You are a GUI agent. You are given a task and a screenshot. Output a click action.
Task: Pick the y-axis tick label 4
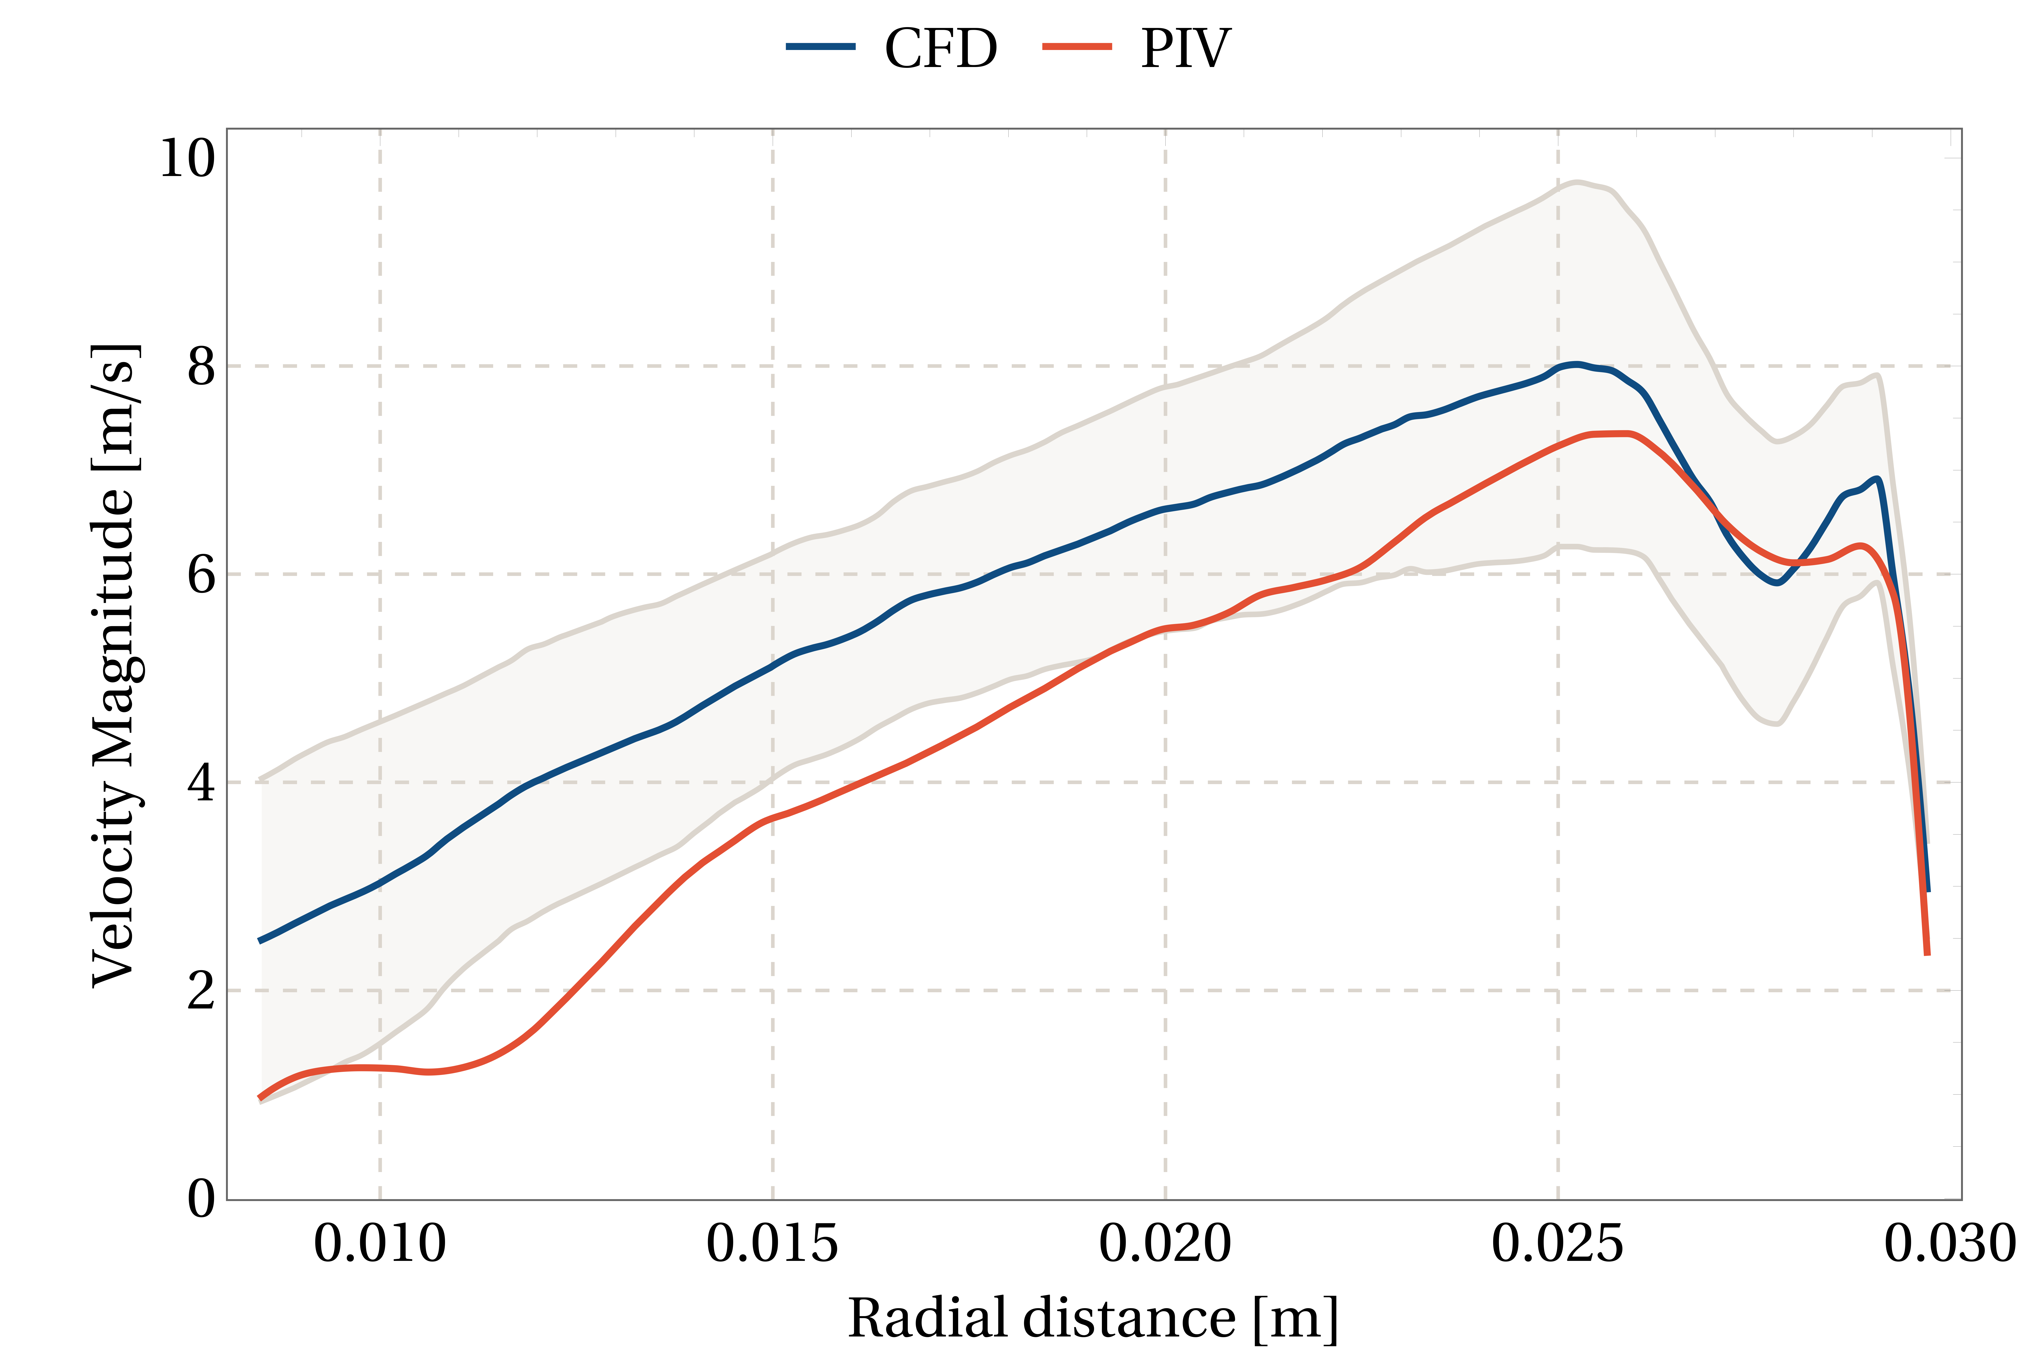point(201,783)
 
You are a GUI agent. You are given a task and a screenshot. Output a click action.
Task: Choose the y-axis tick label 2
point(201,991)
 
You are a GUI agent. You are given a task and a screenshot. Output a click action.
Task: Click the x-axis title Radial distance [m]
point(1093,1318)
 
